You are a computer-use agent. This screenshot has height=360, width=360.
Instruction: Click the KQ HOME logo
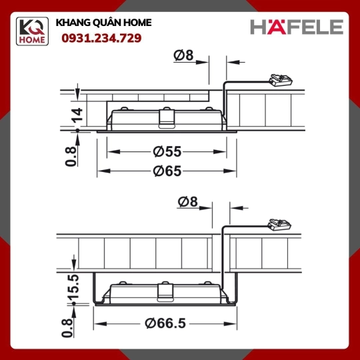click(32, 31)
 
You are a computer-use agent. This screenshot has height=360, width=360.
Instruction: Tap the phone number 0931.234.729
click(101, 39)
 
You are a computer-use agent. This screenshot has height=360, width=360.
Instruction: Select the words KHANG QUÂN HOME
click(104, 23)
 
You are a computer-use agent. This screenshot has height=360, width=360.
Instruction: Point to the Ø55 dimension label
click(167, 152)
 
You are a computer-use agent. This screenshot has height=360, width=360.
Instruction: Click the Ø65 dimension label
click(167, 171)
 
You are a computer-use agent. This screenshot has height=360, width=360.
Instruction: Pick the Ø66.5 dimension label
click(165, 323)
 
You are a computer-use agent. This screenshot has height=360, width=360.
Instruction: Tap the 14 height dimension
click(77, 115)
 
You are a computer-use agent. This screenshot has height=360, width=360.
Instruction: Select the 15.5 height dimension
click(73, 286)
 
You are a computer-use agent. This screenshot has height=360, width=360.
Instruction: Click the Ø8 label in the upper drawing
click(183, 55)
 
